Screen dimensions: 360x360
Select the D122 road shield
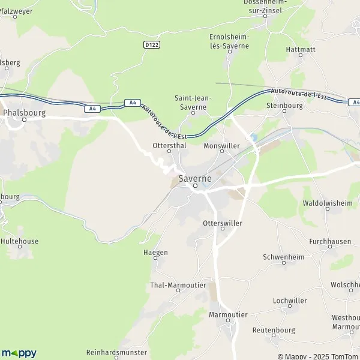tap(152, 44)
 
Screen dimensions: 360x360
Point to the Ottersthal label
tap(168, 145)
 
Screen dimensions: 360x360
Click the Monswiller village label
tap(221, 145)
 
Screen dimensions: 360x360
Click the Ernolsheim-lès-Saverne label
tap(229, 41)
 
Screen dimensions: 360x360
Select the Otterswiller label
tap(223, 223)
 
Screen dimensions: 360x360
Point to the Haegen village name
tap(156, 253)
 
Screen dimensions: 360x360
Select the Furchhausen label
tap(330, 241)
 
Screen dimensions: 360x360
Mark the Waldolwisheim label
tap(328, 203)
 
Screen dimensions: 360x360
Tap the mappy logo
tap(19, 353)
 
